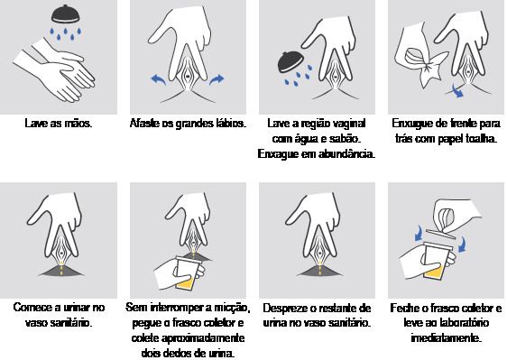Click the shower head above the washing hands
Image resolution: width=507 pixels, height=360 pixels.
[66, 14]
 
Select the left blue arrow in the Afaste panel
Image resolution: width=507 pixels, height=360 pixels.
[159, 79]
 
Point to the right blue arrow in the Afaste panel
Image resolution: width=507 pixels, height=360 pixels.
[217, 79]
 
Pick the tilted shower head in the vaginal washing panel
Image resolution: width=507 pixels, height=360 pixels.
[290, 62]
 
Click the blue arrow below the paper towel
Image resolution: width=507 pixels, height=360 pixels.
[457, 90]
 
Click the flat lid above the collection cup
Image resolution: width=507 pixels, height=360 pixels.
[441, 234]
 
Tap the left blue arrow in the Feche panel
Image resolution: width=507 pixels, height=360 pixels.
[419, 234]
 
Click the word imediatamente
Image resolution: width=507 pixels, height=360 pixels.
[447, 338]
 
